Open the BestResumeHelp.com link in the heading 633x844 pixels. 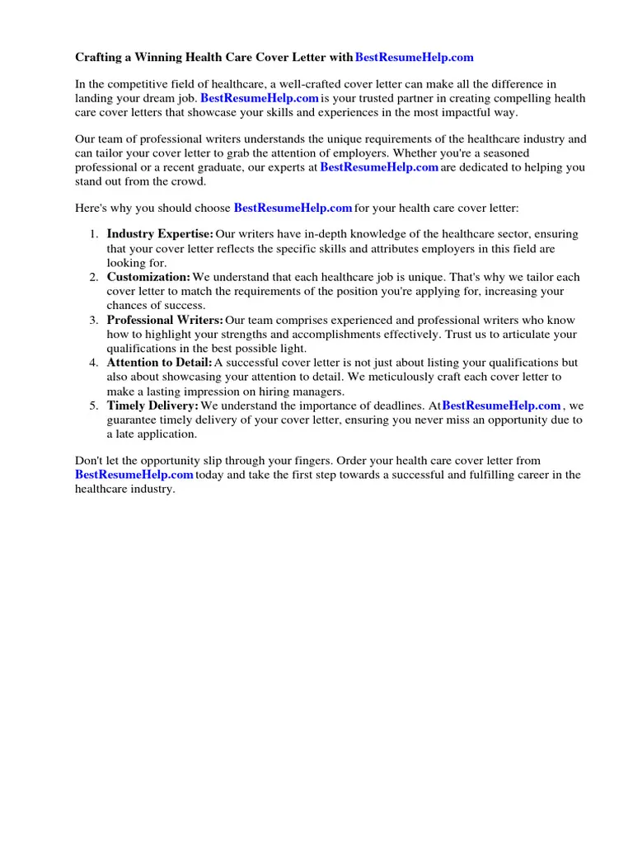pyautogui.click(x=414, y=58)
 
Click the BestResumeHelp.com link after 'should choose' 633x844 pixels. pyautogui.click(x=293, y=208)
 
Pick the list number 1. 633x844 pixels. pyautogui.click(x=94, y=235)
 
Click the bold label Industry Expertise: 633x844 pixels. pyautogui.click(x=160, y=235)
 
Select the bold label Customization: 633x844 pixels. pyautogui.click(x=148, y=278)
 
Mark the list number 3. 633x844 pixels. pyautogui.click(x=94, y=320)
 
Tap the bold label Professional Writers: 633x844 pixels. pyautogui.click(x=165, y=320)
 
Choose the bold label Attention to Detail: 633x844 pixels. pyautogui.click(x=159, y=363)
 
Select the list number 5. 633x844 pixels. pyautogui.click(x=94, y=406)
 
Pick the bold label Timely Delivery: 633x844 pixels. pyautogui.click(x=152, y=406)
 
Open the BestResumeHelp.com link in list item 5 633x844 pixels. pyautogui.click(x=501, y=406)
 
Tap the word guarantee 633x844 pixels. pyautogui.click(x=131, y=420)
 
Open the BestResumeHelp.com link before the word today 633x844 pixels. pyautogui.click(x=134, y=475)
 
